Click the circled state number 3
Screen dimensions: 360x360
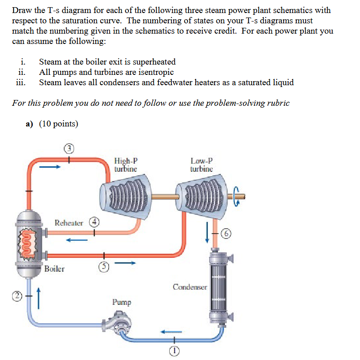click(69, 148)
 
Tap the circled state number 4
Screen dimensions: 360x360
click(94, 221)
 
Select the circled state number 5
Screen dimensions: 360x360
click(103, 266)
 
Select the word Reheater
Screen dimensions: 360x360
click(69, 222)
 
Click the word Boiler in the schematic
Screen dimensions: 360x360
click(54, 269)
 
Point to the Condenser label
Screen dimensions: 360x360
click(190, 287)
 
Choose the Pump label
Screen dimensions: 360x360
click(122, 302)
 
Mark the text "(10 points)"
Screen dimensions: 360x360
click(58, 124)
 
